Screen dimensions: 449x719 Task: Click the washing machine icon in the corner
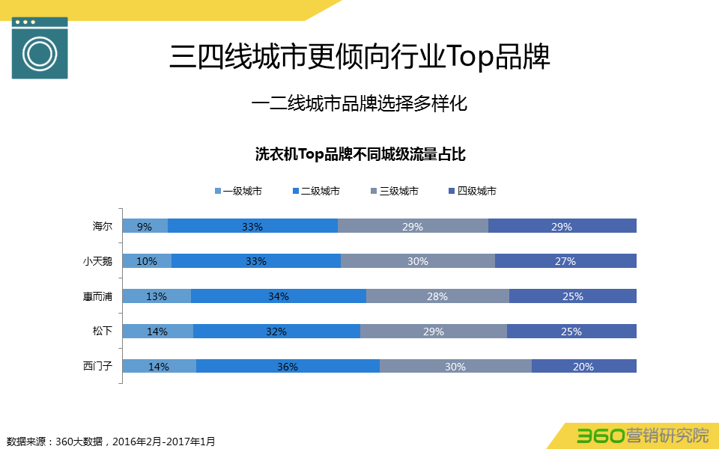point(40,47)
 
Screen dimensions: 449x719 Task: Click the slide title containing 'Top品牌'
point(359,58)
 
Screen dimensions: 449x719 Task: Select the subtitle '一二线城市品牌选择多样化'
point(359,103)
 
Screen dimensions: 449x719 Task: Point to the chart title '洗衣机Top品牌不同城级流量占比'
point(360,155)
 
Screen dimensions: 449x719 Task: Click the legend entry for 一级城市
point(238,191)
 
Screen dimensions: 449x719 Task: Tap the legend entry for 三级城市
point(394,191)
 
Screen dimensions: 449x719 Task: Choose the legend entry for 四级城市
point(472,191)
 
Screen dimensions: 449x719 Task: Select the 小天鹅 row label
point(97,261)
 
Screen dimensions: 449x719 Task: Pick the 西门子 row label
point(97,366)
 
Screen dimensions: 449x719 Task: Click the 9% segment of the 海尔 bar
point(145,226)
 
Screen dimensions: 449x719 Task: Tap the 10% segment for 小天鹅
point(147,261)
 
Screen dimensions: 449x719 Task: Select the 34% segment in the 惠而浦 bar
point(279,296)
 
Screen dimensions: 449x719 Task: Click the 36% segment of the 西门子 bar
point(288,366)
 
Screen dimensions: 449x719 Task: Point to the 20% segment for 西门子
point(583,366)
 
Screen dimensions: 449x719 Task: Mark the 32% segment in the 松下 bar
point(276,331)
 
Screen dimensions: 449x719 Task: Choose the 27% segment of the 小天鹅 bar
point(565,261)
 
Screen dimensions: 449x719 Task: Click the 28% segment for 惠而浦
point(437,296)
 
